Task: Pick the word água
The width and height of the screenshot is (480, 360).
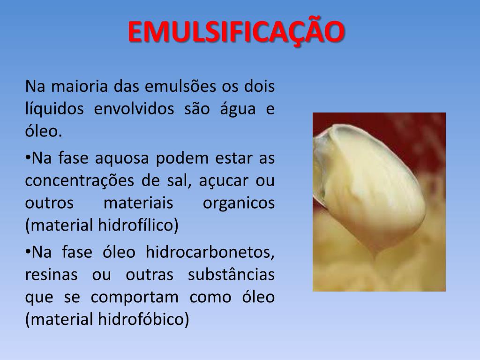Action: click(237, 109)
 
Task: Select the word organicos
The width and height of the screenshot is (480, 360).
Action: click(239, 204)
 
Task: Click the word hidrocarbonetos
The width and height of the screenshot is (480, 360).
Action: click(210, 252)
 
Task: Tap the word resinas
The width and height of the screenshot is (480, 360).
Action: click(51, 275)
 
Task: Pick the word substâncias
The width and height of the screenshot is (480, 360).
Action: click(231, 275)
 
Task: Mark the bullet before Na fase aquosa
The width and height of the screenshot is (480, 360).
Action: click(28, 156)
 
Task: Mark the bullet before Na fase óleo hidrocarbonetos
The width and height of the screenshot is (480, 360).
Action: click(28, 249)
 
